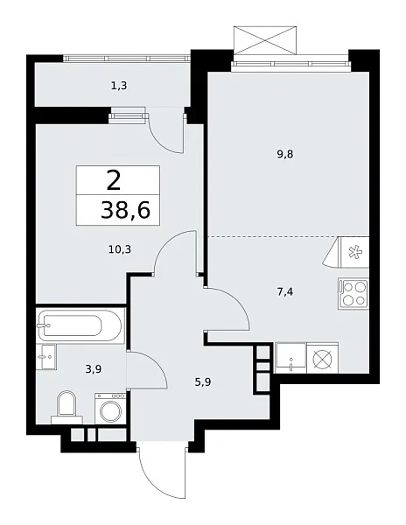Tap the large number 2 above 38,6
pyautogui.click(x=114, y=181)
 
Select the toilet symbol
pyautogui.click(x=66, y=405)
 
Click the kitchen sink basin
pyautogui.click(x=290, y=356)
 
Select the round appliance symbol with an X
pyautogui.click(x=322, y=358)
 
